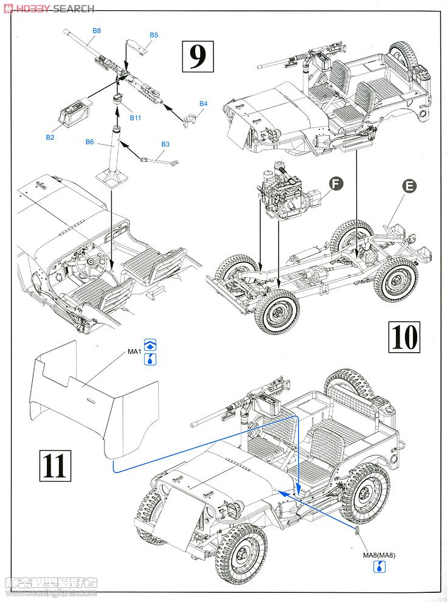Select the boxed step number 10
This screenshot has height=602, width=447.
click(x=403, y=336)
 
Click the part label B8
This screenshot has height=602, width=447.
click(x=97, y=30)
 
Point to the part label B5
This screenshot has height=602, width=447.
click(x=154, y=35)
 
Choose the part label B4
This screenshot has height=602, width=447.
click(x=203, y=104)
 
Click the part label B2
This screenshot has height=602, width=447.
click(x=50, y=137)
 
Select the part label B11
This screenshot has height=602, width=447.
click(x=135, y=117)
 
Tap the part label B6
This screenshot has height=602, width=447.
click(x=89, y=142)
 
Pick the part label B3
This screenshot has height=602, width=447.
click(x=165, y=144)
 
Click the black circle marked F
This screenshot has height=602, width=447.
click(x=336, y=181)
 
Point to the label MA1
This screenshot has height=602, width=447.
click(x=134, y=352)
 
